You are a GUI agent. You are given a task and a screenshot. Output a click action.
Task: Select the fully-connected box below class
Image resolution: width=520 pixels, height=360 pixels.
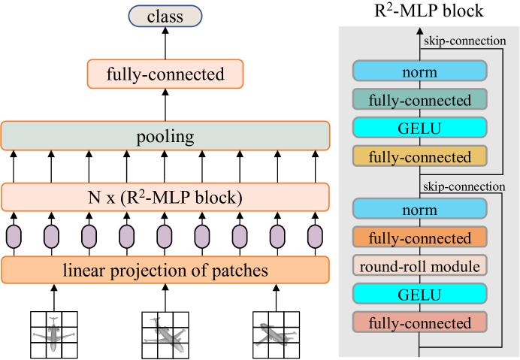165,74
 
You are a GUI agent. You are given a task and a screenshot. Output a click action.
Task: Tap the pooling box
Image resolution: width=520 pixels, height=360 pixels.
165,136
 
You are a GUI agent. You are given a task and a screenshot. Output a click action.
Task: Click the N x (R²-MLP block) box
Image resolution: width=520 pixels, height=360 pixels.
165,197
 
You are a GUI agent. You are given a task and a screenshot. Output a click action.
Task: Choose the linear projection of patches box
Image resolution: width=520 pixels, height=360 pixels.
165,269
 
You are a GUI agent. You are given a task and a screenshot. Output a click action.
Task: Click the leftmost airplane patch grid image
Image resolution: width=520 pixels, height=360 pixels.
53,333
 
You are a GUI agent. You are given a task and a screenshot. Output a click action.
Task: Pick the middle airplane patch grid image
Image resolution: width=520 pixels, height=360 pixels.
165,333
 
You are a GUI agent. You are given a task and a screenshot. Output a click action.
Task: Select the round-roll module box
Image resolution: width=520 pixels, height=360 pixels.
419,265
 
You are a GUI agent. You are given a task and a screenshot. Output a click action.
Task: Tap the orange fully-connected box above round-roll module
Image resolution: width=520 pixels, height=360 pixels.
419,237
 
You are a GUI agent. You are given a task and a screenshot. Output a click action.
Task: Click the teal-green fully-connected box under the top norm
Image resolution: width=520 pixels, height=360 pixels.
419,100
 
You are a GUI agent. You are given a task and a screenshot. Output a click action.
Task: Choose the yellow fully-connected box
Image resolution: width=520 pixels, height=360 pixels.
419,158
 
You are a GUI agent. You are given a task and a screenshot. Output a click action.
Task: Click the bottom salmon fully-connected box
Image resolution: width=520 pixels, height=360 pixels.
419,323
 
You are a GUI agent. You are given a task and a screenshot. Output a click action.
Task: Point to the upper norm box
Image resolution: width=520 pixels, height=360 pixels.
419,72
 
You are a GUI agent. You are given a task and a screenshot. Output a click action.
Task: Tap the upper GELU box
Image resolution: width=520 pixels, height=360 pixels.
419,129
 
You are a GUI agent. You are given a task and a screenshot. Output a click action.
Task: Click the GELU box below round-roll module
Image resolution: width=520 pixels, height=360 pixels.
419,294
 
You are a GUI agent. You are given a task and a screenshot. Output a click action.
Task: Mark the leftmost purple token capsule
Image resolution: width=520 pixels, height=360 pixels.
14,237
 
